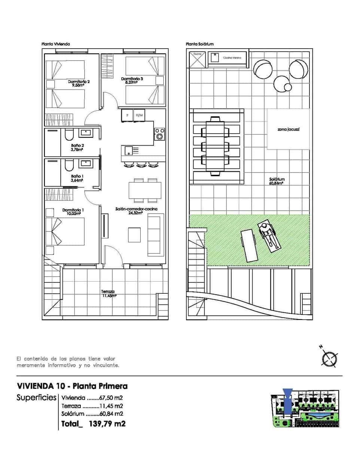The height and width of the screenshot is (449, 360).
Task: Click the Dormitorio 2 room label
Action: click(79, 83)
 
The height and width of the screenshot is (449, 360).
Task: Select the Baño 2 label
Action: click(77, 147)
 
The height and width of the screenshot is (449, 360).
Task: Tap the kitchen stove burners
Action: click(160, 134)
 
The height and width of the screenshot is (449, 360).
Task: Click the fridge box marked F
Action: click(127, 115)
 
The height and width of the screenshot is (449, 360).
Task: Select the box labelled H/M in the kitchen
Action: click(139, 115)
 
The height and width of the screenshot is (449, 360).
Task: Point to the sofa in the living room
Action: click(156, 235)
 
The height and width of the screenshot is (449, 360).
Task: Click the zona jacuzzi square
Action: click(288, 129)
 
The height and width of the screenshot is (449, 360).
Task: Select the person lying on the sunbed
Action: click(269, 236)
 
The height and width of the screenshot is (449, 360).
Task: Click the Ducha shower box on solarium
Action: click(197, 59)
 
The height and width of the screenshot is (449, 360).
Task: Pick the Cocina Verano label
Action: click(232, 58)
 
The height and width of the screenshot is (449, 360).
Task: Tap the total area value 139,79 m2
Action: click(107, 424)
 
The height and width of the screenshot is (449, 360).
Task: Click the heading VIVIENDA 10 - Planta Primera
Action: click(72, 386)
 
